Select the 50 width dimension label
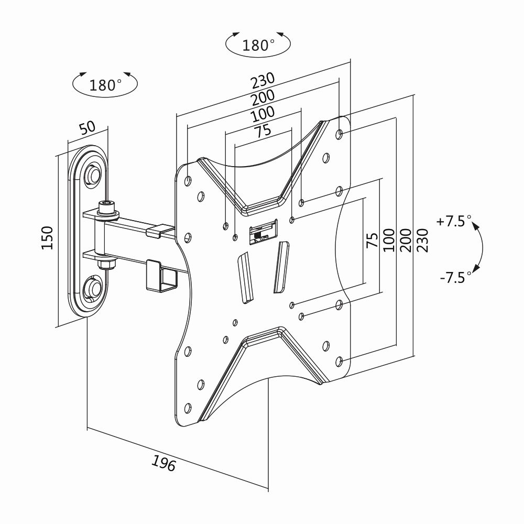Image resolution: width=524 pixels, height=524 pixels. (x=87, y=128)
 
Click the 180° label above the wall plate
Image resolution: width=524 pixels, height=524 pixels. (x=105, y=85)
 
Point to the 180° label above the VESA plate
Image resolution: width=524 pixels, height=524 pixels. (x=258, y=45)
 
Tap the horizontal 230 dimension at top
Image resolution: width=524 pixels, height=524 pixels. (x=263, y=81)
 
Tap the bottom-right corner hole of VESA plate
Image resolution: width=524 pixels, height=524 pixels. (x=339, y=361)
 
